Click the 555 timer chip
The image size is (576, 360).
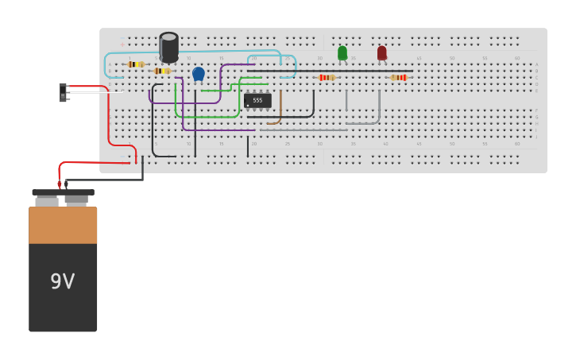(257, 101)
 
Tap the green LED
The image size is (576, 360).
(342, 53)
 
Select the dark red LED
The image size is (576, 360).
(382, 53)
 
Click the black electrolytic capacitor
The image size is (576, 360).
(168, 48)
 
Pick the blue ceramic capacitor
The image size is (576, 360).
(199, 74)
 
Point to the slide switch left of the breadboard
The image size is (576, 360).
(63, 92)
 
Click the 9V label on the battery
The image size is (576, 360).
(63, 281)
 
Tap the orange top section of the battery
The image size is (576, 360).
(63, 225)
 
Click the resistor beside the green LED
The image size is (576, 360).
(326, 77)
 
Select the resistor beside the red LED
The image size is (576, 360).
(399, 77)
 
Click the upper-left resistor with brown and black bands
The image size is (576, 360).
(136, 64)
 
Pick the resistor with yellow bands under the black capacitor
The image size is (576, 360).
(161, 71)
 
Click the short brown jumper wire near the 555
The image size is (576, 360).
(278, 111)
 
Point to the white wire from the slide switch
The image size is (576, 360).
(95, 92)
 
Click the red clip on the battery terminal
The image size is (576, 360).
(60, 184)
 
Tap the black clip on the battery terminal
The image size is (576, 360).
(66, 184)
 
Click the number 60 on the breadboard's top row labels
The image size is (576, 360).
(517, 58)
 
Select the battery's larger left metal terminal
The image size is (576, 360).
(47, 202)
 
